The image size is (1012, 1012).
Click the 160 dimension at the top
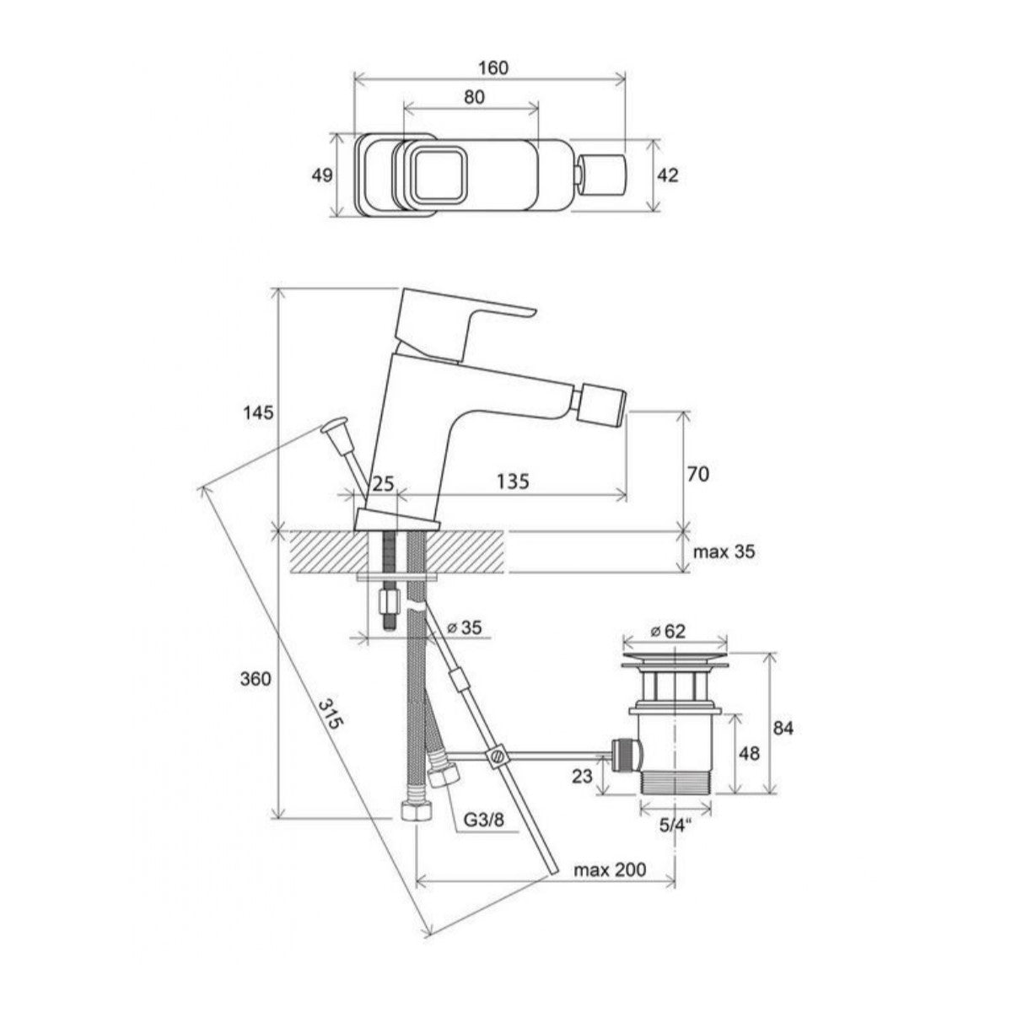coord(493,67)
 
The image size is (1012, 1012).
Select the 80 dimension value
coord(474,97)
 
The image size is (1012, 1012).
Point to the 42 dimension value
coord(667,175)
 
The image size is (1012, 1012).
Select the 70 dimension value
coord(698,474)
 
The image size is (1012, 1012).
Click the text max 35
coord(724,552)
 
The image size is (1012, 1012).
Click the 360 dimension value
coord(256,679)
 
